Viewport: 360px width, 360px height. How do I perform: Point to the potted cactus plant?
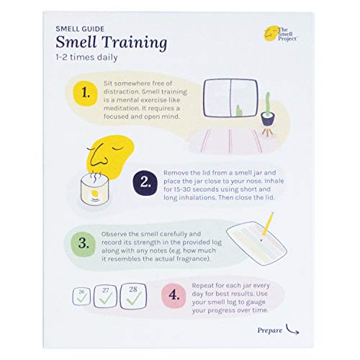[x=269, y=112]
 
